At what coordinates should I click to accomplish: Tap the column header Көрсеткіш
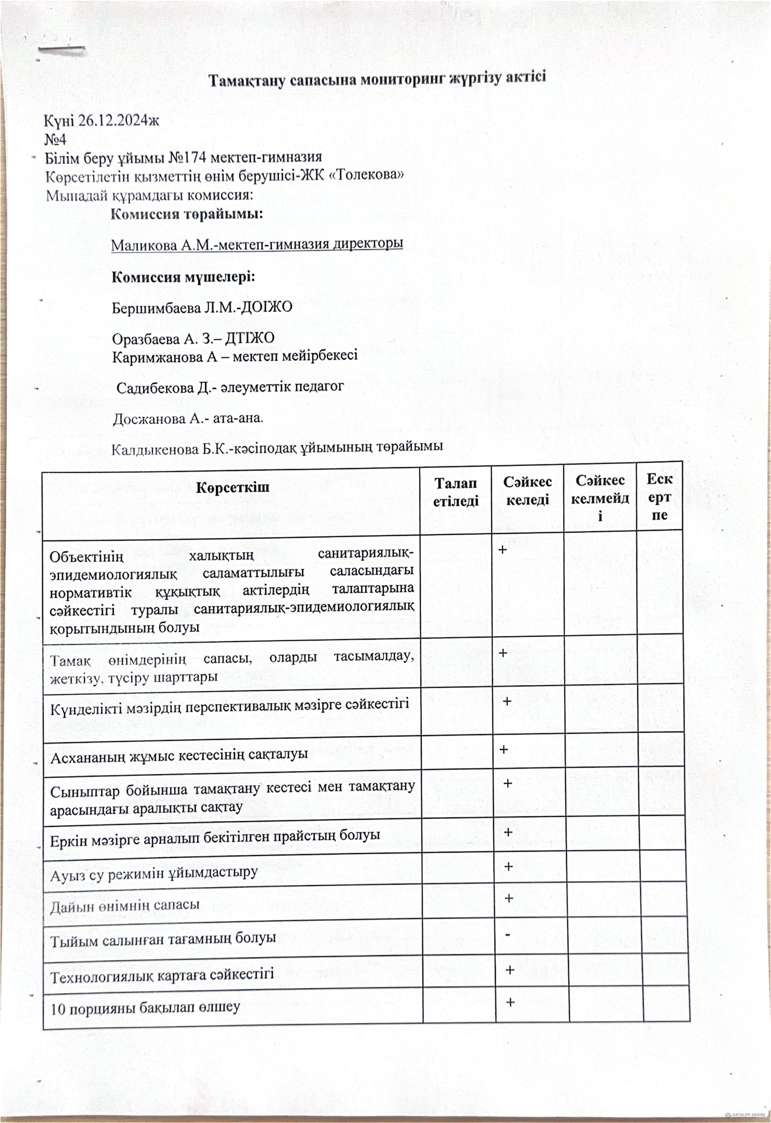tap(232, 487)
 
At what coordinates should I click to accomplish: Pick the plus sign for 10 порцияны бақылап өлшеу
tap(510, 1002)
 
